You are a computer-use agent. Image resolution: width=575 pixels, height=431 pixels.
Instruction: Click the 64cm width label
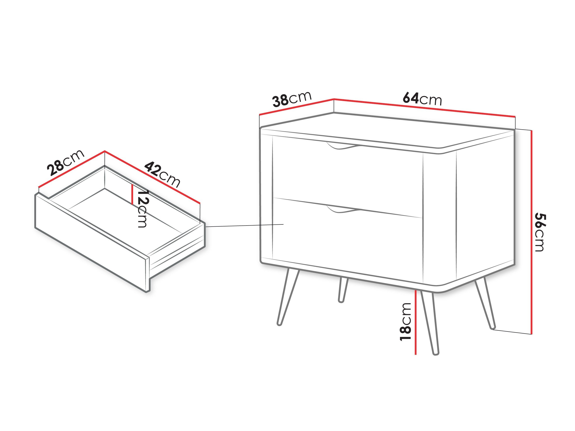pyautogui.click(x=422, y=99)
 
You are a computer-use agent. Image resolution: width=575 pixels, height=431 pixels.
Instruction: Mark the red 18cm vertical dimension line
pyautogui.click(x=416, y=322)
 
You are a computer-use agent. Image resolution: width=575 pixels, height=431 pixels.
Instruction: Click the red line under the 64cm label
pyautogui.click(x=424, y=108)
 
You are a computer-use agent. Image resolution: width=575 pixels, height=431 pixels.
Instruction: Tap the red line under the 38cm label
pyautogui.click(x=296, y=107)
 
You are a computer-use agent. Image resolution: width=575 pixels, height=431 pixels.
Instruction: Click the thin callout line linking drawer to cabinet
pyautogui.click(x=244, y=225)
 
